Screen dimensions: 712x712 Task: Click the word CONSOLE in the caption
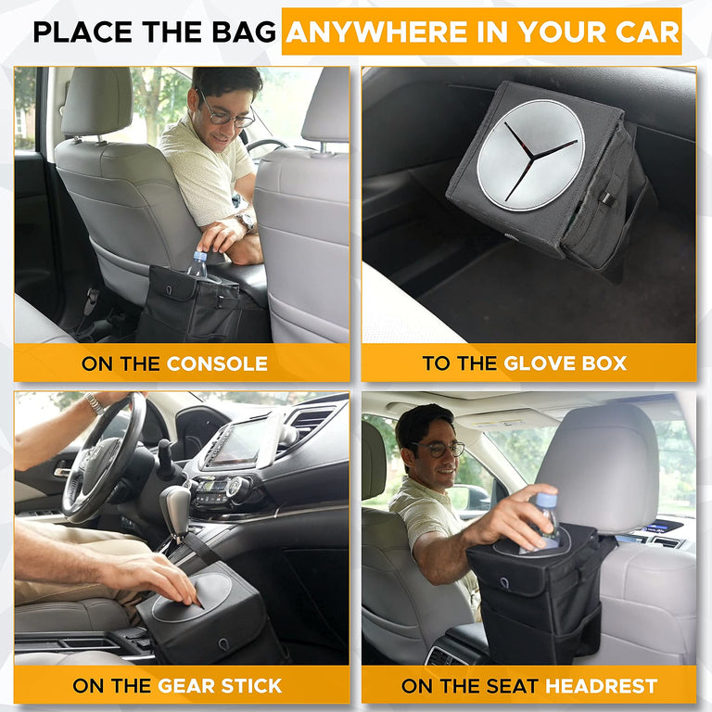click(x=217, y=363)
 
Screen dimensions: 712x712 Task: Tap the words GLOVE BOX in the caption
click(x=565, y=363)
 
